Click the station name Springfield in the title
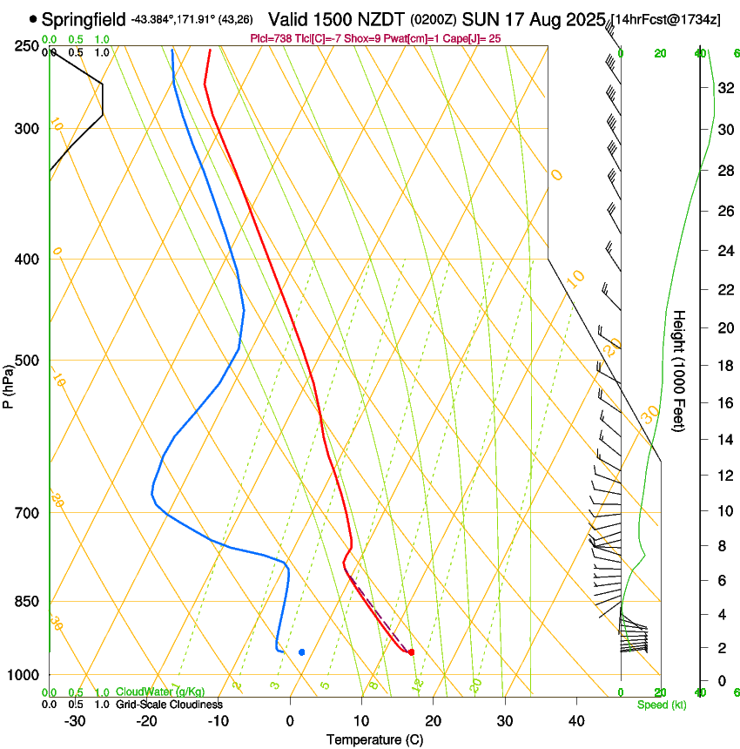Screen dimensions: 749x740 click(83, 19)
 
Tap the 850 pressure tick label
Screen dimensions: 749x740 click(26, 601)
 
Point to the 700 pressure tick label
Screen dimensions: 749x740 click(26, 512)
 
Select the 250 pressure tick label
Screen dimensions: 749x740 click(26, 45)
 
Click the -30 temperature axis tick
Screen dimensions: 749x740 click(76, 720)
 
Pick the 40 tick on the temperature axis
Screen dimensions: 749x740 click(576, 720)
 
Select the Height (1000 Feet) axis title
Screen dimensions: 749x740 click(680, 370)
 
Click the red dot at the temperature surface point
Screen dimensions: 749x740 click(411, 651)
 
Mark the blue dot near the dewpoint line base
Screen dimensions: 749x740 click(302, 651)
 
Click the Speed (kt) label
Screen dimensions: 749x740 click(662, 705)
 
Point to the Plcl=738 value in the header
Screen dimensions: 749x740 click(272, 38)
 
